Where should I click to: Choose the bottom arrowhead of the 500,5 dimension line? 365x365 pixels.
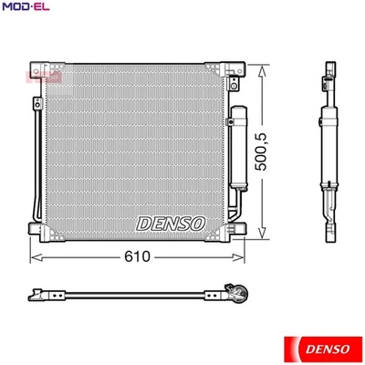click(x=264, y=231)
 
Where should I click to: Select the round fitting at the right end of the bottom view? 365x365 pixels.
click(x=240, y=294)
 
